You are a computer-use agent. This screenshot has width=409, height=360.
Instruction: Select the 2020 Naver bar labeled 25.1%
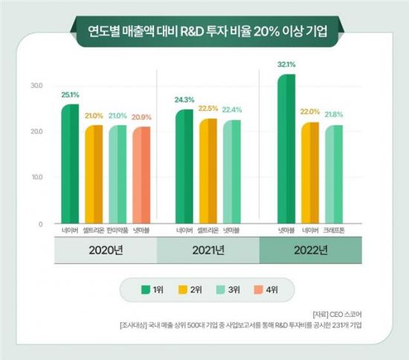point(69,164)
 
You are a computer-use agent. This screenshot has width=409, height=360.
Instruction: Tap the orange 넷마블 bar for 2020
point(141,175)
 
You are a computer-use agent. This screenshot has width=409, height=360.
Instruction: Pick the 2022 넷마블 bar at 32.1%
point(286,149)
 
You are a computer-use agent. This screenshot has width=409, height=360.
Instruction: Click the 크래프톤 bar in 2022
point(334,174)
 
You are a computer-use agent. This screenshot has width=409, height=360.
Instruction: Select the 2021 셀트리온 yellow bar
point(207,171)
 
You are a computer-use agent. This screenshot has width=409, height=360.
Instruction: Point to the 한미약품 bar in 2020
point(117,174)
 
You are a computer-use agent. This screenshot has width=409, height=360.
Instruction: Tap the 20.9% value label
point(142,118)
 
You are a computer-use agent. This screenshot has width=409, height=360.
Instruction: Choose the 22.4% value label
point(232,109)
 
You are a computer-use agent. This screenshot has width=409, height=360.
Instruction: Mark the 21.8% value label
point(335,115)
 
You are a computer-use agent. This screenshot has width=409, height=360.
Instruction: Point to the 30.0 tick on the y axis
point(36,86)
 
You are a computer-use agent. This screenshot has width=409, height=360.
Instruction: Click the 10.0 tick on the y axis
point(36,178)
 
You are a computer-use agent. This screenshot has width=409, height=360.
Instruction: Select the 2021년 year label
point(207,251)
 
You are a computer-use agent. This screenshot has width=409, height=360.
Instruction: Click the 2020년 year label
point(105,251)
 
